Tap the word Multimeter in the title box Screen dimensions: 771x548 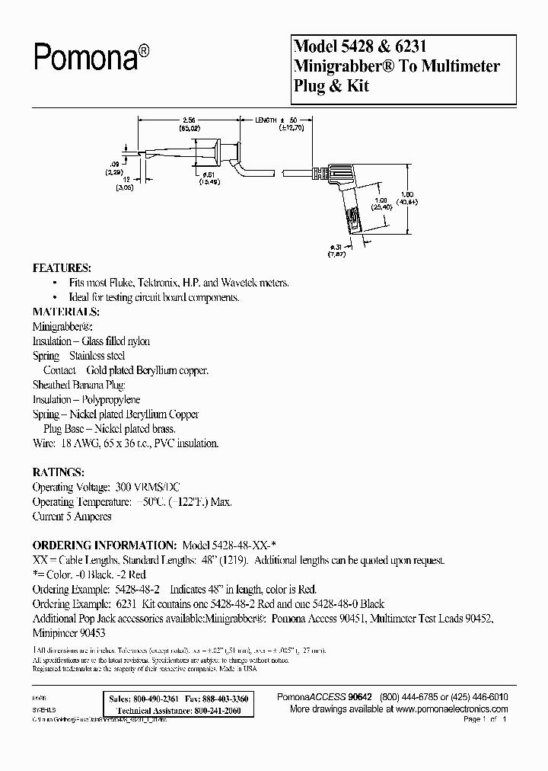coord(459,66)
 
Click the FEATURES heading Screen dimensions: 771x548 coord(61,269)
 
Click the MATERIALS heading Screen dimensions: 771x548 coord(65,312)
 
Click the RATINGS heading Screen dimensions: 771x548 coord(57,472)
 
